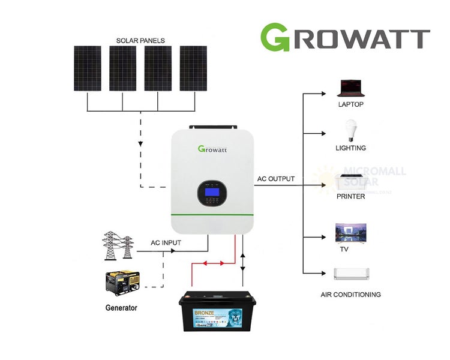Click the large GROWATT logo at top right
point(345,37)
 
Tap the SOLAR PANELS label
point(141,40)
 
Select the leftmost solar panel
point(88,68)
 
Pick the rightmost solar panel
point(193,68)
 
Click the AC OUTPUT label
point(276,179)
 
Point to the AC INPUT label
point(166,244)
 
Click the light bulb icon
point(350,131)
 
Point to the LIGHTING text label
point(350,148)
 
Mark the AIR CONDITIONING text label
point(350,295)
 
